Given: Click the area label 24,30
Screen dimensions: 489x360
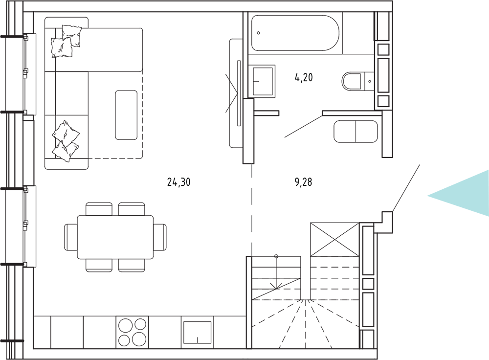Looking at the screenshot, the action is pos(178,182).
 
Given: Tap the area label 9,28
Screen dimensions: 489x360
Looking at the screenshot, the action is pos(303,182).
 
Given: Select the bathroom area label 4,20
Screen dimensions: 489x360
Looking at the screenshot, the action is pos(304,77).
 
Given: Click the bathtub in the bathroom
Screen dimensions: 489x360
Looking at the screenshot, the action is pos(295,33).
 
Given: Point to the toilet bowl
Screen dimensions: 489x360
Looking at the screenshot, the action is pos(351,81).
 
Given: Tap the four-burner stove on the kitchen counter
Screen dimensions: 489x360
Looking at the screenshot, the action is pos(132,332).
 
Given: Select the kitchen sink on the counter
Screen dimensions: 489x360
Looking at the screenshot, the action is pos(197,333).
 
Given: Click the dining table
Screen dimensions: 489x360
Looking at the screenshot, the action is pos(115,237).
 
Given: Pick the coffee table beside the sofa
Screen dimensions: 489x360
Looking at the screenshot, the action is pos(126,115).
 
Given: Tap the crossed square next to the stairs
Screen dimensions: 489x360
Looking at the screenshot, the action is pos(334,239).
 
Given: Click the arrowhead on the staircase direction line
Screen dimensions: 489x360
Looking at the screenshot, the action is pos(276,286).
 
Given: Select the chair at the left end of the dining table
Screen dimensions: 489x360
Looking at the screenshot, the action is pos(71,237).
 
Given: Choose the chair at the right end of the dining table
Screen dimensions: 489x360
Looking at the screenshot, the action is pos(160,237).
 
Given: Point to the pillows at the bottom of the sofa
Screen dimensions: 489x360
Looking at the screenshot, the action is pos(66,141).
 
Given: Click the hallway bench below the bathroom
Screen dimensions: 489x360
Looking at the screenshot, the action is pos(356,132).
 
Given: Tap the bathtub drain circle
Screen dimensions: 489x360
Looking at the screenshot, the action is pos(258,33).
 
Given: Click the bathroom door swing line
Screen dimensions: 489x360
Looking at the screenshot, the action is pos(303,126).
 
